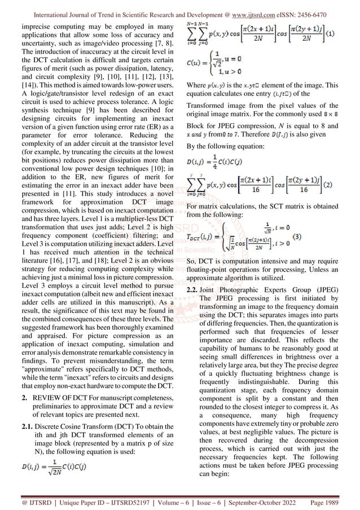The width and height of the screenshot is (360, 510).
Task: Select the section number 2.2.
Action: tap(194, 290)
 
